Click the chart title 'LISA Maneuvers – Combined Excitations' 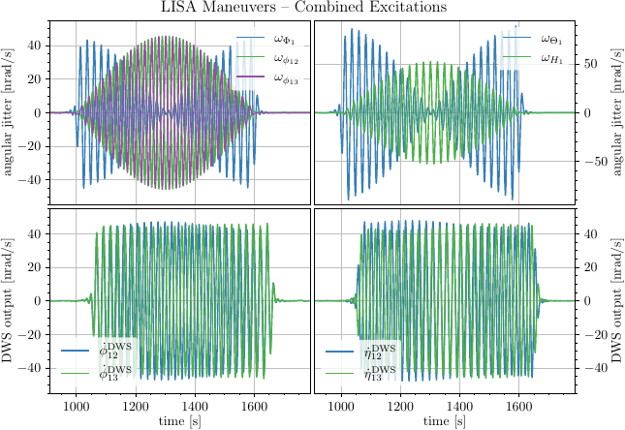pos(312,8)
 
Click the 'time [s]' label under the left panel pos(180,421)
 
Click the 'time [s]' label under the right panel pos(445,421)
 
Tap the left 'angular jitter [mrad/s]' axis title pos(10,112)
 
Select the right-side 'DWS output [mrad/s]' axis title pos(616,301)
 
